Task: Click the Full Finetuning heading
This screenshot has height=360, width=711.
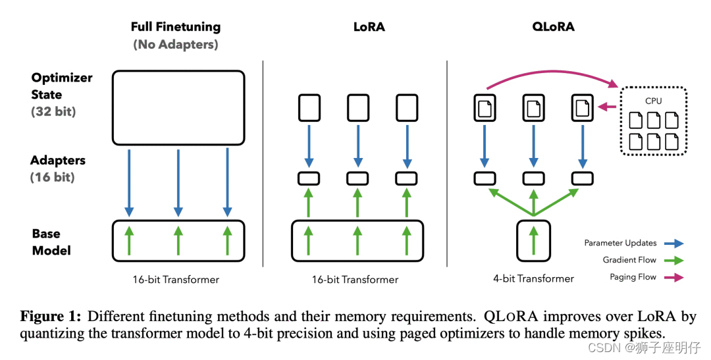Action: click(176, 27)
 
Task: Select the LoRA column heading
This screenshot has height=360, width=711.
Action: click(369, 27)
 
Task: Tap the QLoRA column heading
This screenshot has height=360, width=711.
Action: click(553, 27)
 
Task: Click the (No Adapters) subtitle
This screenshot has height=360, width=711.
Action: click(176, 45)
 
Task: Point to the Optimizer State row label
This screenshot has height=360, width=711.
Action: click(62, 86)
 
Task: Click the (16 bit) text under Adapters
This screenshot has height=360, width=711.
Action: click(53, 177)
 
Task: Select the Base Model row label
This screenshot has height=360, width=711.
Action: click(51, 242)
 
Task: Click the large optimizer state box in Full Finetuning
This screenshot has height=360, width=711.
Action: click(178, 107)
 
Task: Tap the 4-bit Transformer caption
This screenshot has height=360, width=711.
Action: click(533, 278)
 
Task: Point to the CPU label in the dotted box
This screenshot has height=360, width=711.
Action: click(653, 101)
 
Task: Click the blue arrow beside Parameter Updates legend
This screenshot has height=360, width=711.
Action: click(673, 243)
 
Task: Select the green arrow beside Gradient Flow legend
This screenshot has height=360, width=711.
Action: click(673, 260)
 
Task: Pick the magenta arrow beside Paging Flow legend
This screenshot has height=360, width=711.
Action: click(673, 277)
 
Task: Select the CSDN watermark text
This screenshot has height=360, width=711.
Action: click(600, 347)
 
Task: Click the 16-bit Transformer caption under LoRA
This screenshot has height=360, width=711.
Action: click(355, 279)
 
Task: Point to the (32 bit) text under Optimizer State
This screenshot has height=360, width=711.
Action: click(53, 111)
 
